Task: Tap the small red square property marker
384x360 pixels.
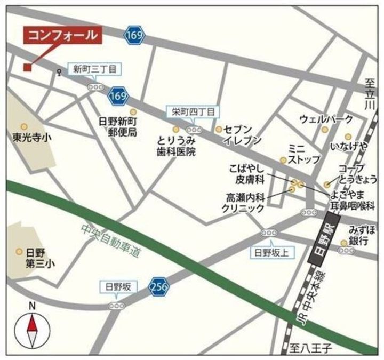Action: coord(27,67)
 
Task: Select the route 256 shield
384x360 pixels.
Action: coord(158,286)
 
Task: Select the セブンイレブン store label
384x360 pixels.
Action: coord(242,135)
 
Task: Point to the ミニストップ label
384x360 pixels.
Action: coord(304,154)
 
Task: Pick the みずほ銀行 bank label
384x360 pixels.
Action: coord(362,235)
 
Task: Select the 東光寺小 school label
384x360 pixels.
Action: coord(31,137)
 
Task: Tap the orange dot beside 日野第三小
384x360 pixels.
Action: coord(19,251)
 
